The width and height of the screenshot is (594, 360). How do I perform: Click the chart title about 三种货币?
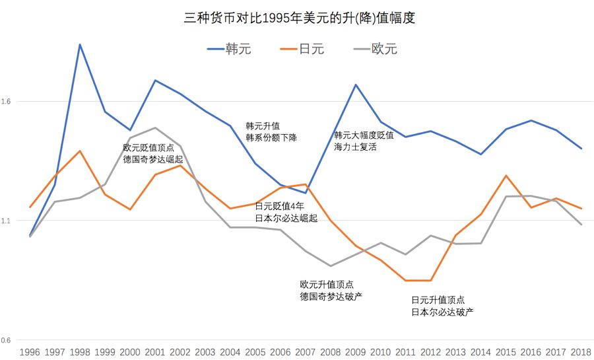[x=299, y=18]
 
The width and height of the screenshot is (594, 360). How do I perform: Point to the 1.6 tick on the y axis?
[x=9, y=101]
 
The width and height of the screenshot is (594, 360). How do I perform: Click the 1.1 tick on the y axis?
[x=9, y=221]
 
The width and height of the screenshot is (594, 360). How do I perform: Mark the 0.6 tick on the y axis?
[x=9, y=340]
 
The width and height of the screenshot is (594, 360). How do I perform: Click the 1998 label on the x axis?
[x=79, y=351]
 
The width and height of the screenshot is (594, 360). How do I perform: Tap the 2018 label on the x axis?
[x=581, y=351]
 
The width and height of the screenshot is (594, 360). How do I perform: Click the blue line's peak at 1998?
[x=80, y=44]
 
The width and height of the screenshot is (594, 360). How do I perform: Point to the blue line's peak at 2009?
[x=356, y=85]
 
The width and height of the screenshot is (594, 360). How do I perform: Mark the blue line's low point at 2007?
[x=306, y=193]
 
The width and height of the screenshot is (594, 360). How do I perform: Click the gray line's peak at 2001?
[x=155, y=127]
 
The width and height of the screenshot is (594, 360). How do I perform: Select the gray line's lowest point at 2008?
[x=331, y=266]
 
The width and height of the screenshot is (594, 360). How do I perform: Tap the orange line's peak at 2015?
[x=506, y=176]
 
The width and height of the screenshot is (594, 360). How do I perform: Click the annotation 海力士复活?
[x=354, y=147]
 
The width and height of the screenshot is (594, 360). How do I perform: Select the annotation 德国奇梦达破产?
[x=331, y=296]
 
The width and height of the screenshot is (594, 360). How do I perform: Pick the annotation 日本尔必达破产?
[x=442, y=312]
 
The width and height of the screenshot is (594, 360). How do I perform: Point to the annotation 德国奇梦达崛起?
[x=152, y=160]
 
